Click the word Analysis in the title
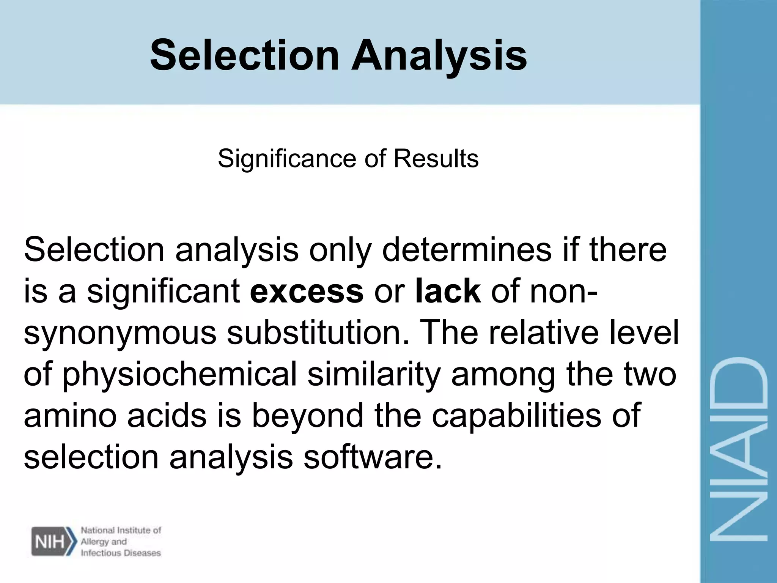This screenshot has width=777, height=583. (x=439, y=56)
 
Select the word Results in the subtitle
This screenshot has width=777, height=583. (x=436, y=159)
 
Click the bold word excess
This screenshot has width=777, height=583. (x=307, y=291)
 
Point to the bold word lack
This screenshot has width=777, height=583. (x=448, y=291)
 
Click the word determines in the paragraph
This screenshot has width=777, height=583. (x=466, y=250)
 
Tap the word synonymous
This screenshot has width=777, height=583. (x=120, y=333)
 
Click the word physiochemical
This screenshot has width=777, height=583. (x=179, y=374)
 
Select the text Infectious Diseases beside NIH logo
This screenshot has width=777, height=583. (x=121, y=553)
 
